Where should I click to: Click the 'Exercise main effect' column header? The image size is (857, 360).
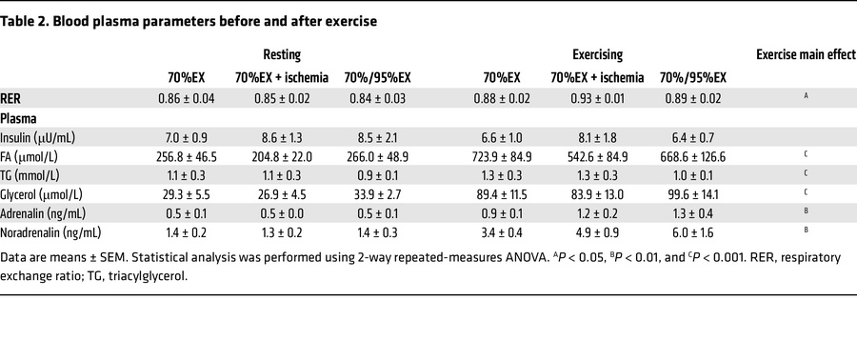click(806, 55)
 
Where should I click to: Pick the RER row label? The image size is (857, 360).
click(12, 97)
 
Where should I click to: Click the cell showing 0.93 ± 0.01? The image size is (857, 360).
click(596, 97)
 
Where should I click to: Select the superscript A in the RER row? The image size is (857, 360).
click(806, 96)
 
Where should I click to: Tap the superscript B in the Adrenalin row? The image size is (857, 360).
click(806, 211)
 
